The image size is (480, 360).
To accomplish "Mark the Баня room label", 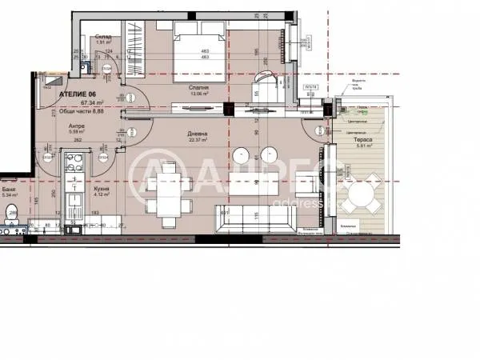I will point(10,188).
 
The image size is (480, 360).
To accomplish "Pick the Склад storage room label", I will point(102,37).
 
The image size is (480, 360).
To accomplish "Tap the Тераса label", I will point(362,139).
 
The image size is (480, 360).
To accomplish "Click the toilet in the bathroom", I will point(11,212).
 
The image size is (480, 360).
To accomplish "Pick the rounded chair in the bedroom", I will point(263,84).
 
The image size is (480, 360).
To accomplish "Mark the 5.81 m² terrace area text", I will point(362,146).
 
